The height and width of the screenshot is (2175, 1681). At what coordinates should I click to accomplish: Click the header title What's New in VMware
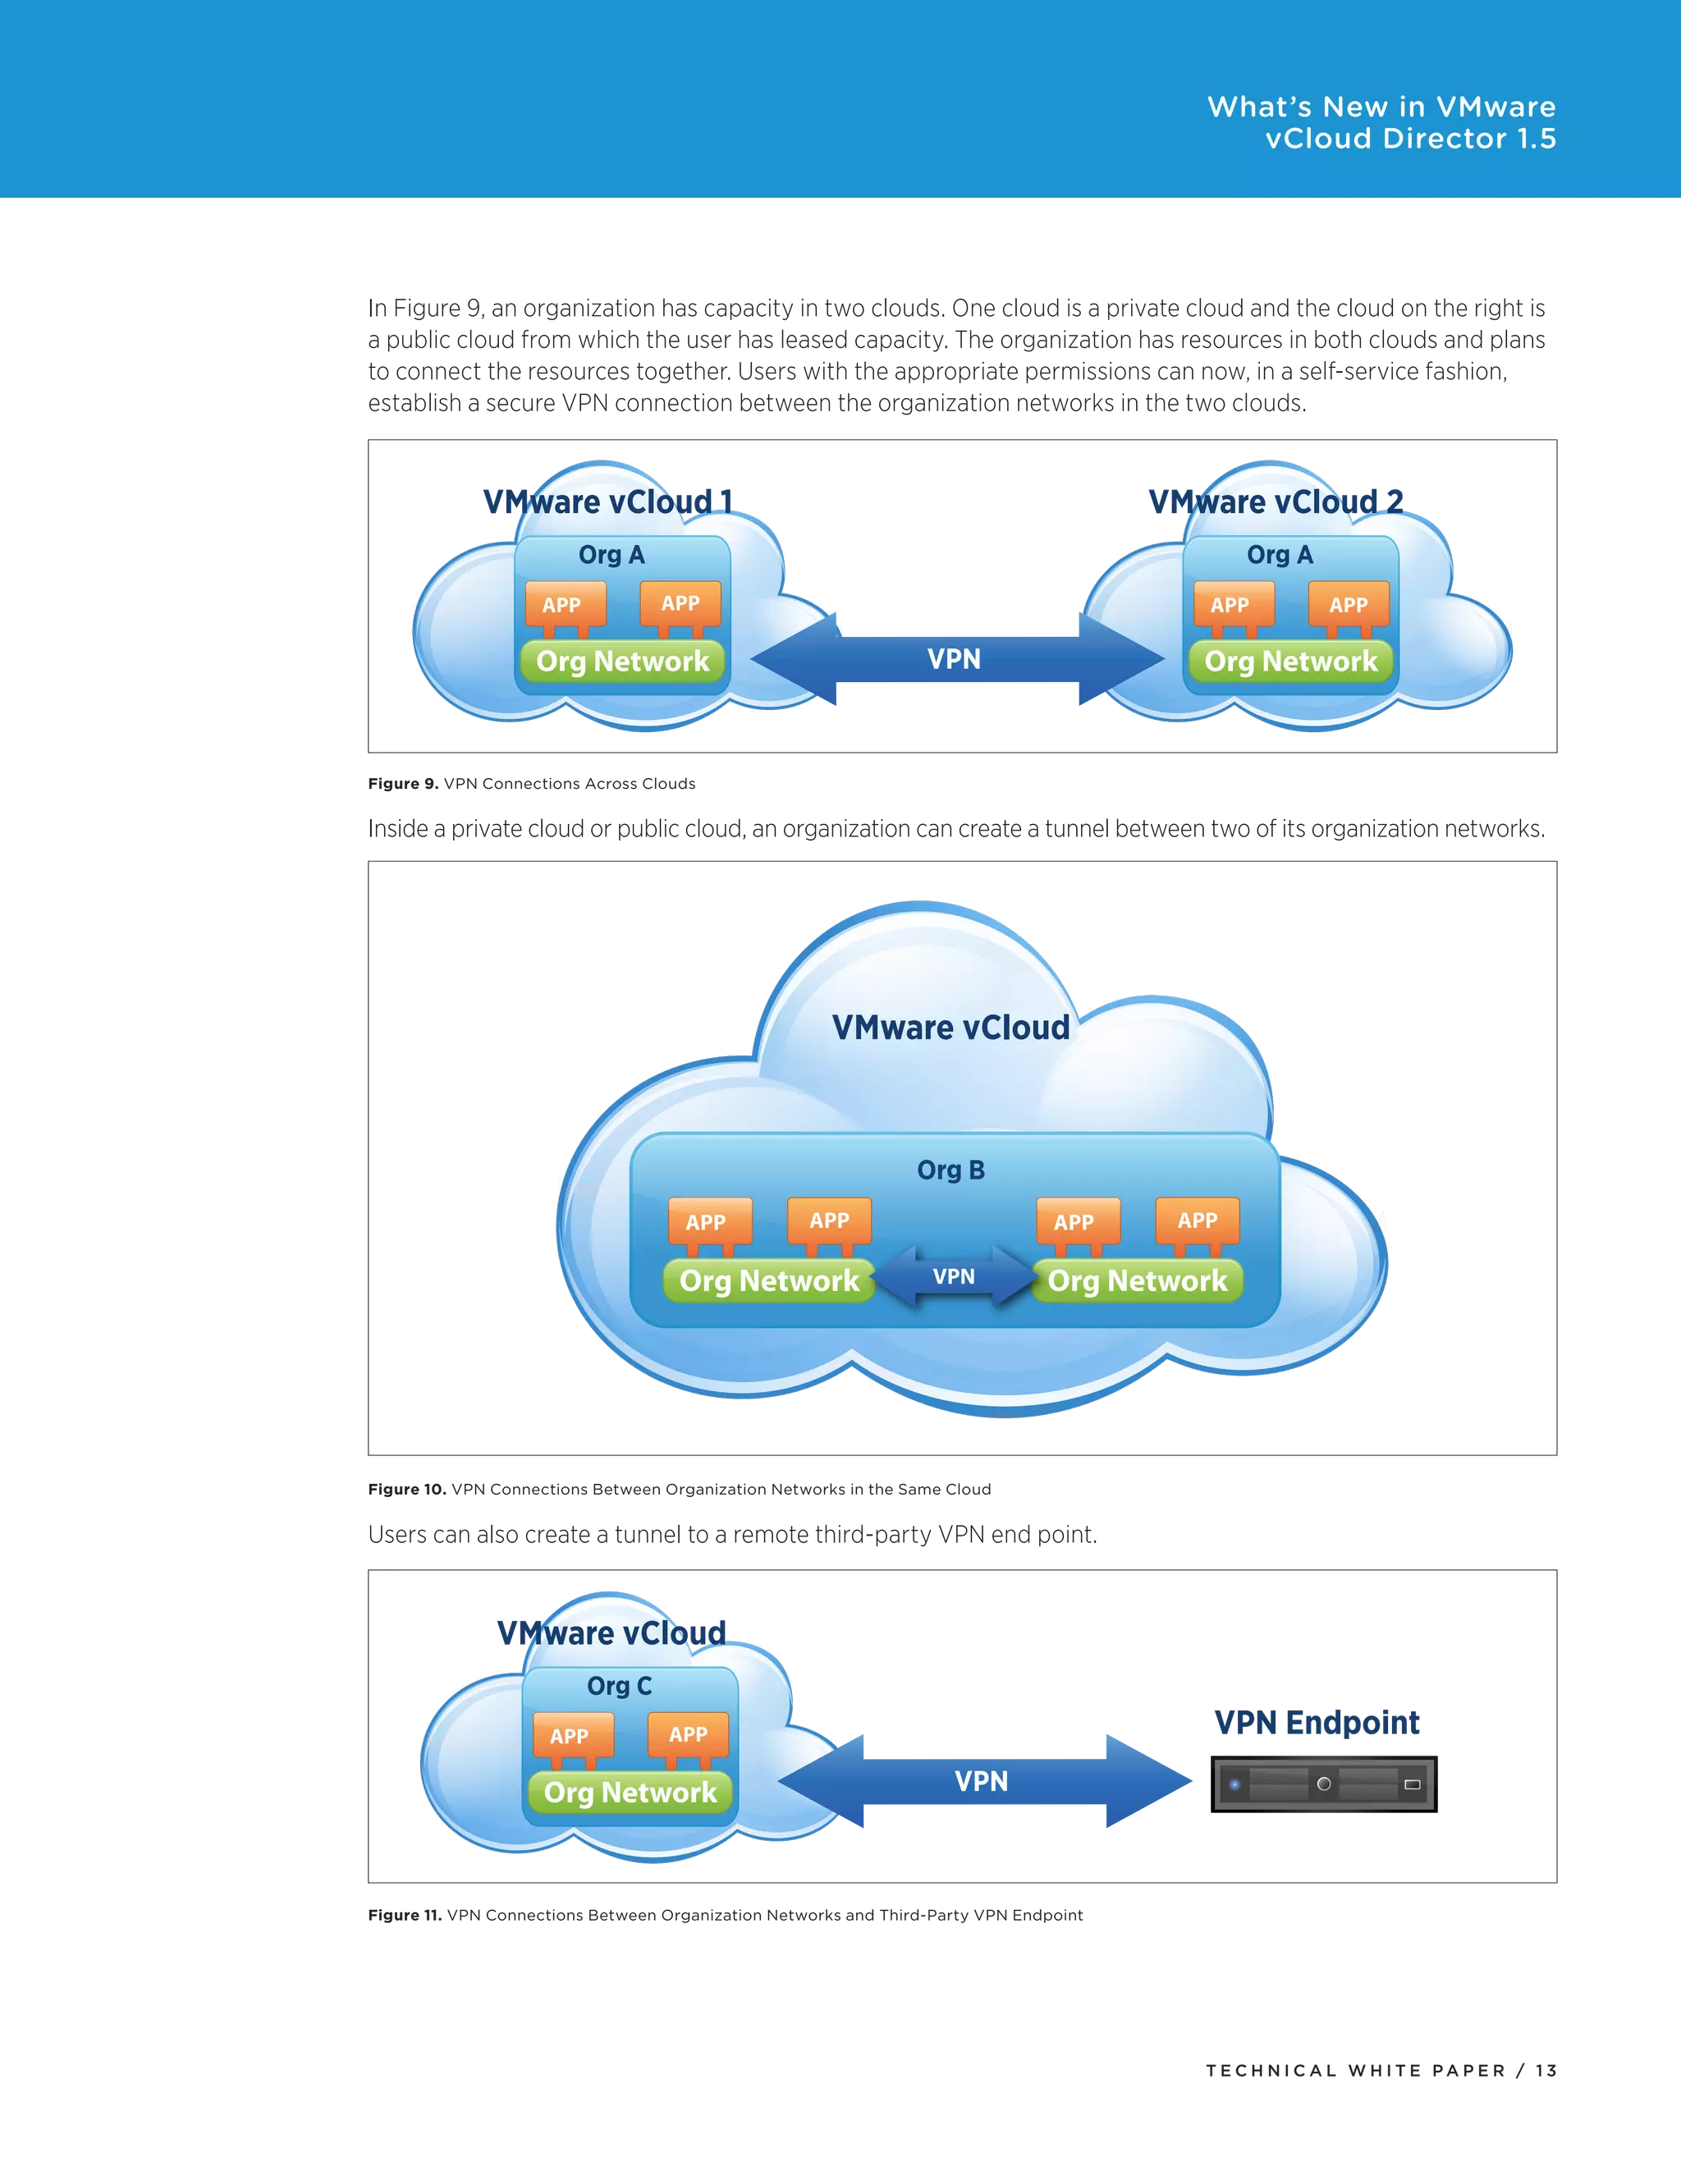click(1381, 108)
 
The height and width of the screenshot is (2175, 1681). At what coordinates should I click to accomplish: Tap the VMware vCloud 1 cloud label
click(607, 501)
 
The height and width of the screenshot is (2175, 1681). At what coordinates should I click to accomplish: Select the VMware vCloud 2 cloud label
click(1276, 501)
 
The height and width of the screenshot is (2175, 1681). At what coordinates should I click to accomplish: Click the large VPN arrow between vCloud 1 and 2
click(954, 658)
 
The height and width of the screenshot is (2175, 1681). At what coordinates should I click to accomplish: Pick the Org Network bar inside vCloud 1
click(622, 662)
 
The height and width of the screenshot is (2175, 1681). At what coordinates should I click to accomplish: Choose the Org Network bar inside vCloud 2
click(1290, 662)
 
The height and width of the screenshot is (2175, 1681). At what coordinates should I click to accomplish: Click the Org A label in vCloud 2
click(1280, 555)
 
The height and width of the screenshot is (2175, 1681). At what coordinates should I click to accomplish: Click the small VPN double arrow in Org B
click(953, 1277)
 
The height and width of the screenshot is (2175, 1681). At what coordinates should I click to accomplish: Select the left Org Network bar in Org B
click(769, 1280)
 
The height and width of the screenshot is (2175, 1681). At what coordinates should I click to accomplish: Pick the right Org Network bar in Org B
click(1138, 1280)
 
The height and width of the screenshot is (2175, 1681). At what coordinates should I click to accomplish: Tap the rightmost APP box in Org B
click(1197, 1221)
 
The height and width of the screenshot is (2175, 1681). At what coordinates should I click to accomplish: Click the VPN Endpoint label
click(1317, 1722)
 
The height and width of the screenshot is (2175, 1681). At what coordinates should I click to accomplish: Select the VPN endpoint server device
click(1321, 1783)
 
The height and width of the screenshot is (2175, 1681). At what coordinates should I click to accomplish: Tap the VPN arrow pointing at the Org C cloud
click(981, 1782)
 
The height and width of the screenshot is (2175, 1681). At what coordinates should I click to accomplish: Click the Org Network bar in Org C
click(630, 1793)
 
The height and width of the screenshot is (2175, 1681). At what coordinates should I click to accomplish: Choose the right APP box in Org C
click(687, 1735)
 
